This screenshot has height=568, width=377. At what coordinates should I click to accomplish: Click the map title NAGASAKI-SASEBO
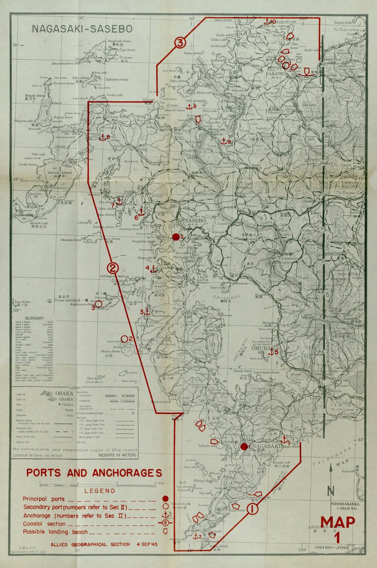click(82, 29)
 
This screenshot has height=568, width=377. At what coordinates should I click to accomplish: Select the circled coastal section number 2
click(113, 268)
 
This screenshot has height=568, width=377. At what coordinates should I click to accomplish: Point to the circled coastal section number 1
click(253, 510)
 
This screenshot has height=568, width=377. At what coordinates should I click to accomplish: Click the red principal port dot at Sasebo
click(176, 237)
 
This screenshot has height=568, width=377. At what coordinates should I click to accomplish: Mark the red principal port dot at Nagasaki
click(244, 447)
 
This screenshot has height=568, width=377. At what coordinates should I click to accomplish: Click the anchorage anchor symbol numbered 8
click(102, 138)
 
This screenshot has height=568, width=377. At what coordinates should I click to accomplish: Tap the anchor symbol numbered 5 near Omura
click(271, 352)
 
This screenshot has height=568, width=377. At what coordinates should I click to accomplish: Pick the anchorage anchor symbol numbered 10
click(267, 22)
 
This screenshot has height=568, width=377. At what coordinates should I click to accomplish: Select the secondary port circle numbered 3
click(98, 304)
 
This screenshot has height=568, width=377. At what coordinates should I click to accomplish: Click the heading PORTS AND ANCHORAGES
click(94, 473)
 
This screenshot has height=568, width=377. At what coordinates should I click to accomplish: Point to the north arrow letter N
click(331, 491)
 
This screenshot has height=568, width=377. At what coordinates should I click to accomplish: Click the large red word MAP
click(337, 522)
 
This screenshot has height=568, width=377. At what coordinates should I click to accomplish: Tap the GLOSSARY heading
click(34, 318)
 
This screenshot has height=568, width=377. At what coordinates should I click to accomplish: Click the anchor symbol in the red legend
click(165, 515)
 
